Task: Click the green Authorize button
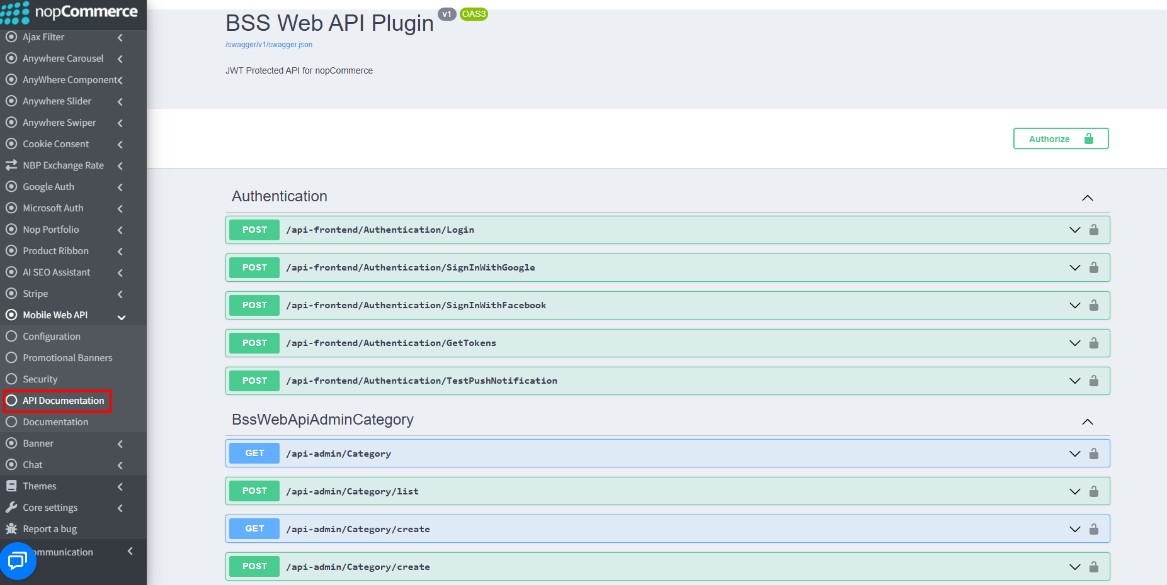tap(1061, 138)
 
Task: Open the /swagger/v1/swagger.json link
tap(269, 45)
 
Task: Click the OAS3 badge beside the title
tap(474, 14)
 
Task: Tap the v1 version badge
tap(447, 14)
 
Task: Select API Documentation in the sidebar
tap(63, 401)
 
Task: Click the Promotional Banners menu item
tap(67, 358)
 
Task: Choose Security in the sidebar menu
tap(40, 379)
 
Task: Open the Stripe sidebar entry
tap(35, 294)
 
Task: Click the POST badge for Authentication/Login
tap(254, 230)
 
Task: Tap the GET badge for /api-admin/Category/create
tap(254, 528)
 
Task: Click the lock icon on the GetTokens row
tap(1094, 343)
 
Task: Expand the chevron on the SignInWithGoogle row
tap(1075, 267)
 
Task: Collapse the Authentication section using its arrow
tap(1088, 198)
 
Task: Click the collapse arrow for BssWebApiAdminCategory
tap(1088, 421)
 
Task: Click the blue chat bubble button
tap(18, 560)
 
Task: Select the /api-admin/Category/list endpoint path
tap(353, 491)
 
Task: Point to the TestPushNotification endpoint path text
tap(422, 381)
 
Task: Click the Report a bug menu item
tap(50, 529)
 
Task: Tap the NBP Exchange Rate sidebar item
tap(63, 165)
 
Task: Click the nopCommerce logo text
tap(86, 11)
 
